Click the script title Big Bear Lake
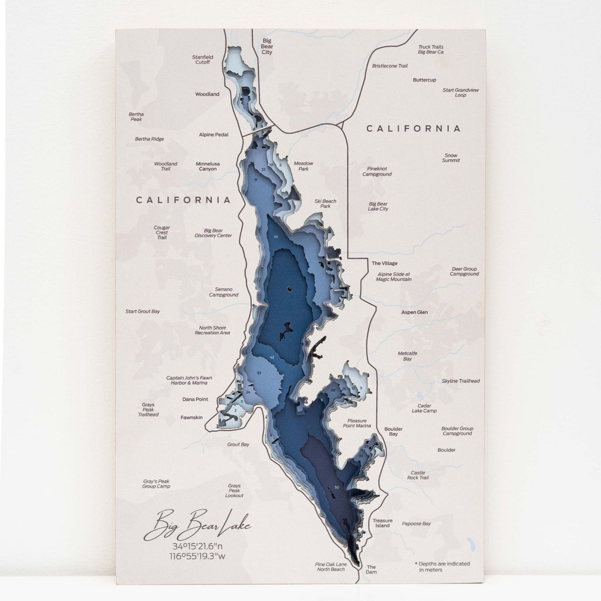pos(197,525)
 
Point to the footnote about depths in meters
pos(442,566)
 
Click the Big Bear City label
pos(267,46)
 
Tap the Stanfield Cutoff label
pos(203,59)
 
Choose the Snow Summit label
pos(451,158)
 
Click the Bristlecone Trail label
pos(390,66)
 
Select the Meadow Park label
pos(303,166)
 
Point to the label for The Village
pos(384,264)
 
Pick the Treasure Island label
pos(382,523)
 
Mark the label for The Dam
pos(371,569)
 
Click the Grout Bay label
pos(238,444)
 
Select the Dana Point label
pos(195,399)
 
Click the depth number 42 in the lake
pos(272,357)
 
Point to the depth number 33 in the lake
pos(259,373)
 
